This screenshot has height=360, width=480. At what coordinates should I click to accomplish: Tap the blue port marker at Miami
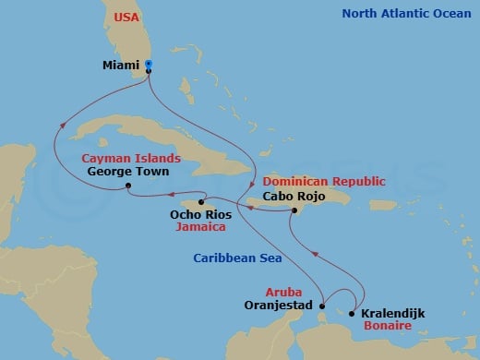coord(150,66)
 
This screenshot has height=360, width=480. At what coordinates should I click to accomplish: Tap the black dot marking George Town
coord(128,187)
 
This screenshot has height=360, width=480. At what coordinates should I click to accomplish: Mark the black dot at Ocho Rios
coord(201,201)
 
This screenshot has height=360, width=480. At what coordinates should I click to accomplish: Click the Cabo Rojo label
coord(294,196)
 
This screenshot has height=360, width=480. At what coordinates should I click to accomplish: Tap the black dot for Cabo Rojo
coord(293,211)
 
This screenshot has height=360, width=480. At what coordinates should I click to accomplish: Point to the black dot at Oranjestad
coord(321,304)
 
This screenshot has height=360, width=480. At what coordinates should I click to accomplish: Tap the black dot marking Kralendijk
coord(352,314)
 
